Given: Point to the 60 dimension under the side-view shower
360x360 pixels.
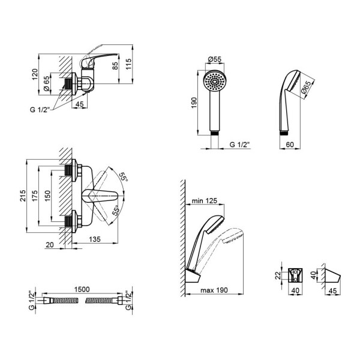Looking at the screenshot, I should click(x=289, y=144).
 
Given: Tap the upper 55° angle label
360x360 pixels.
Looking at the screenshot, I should click(x=122, y=178).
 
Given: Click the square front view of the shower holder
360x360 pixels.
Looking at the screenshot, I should click(x=295, y=275).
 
